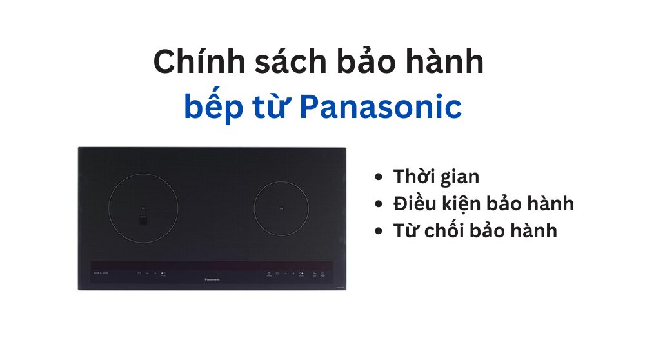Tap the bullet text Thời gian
436,177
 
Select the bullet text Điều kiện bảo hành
484,204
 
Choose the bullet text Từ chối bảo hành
475,231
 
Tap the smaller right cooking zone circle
282,208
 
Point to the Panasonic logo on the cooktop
212,279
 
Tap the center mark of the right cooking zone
282,208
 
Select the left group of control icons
152,274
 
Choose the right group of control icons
294,274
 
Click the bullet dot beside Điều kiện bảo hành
379,205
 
